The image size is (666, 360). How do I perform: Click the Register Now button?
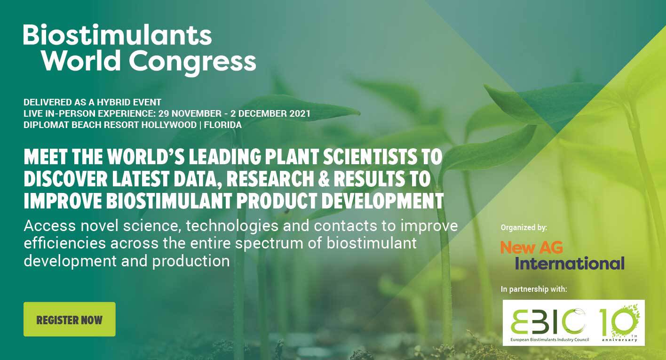pyautogui.click(x=70, y=319)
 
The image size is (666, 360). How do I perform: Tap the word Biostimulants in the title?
pyautogui.click(x=118, y=35)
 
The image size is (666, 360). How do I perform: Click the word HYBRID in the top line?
pyautogui.click(x=114, y=102)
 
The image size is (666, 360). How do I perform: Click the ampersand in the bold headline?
pyautogui.click(x=324, y=178)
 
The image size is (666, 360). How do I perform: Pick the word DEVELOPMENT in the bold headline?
pyautogui.click(x=383, y=200)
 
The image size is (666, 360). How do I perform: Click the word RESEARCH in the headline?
pyautogui.click(x=270, y=178)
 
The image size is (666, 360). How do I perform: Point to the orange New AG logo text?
pyautogui.click(x=531, y=247)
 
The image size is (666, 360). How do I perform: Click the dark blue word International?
pyautogui.click(x=570, y=264)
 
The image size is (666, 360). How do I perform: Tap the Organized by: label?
pyautogui.click(x=524, y=228)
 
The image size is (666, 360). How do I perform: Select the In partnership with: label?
pyautogui.click(x=534, y=289)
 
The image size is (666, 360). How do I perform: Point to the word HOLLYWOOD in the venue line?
pyautogui.click(x=169, y=125)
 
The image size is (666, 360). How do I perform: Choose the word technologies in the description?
pyautogui.click(x=232, y=226)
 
